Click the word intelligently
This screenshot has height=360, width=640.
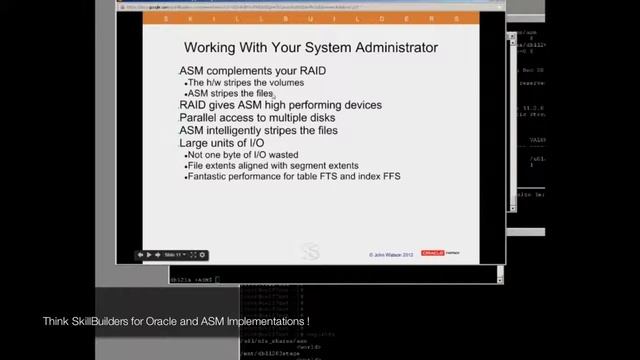pyautogui.click(x=243, y=131)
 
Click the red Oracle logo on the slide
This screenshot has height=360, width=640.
pyautogui.click(x=432, y=253)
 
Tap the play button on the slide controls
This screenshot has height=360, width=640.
pyautogui.click(x=148, y=255)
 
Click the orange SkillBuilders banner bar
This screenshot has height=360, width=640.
pyautogui.click(x=310, y=19)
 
